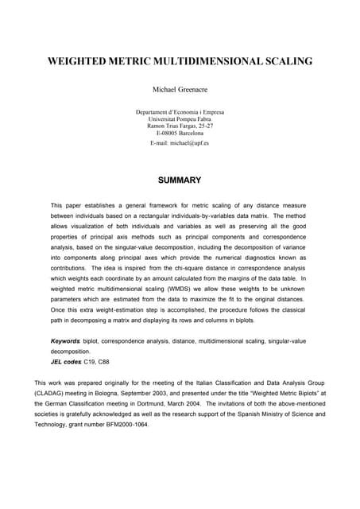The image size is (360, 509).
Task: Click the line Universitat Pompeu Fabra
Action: click(x=180, y=119)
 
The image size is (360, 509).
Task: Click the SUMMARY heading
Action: click(x=180, y=181)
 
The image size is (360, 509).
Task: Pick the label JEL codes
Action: click(x=66, y=360)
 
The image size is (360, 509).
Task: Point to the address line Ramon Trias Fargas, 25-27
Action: click(x=180, y=126)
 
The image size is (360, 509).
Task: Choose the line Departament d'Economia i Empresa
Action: click(x=180, y=112)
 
